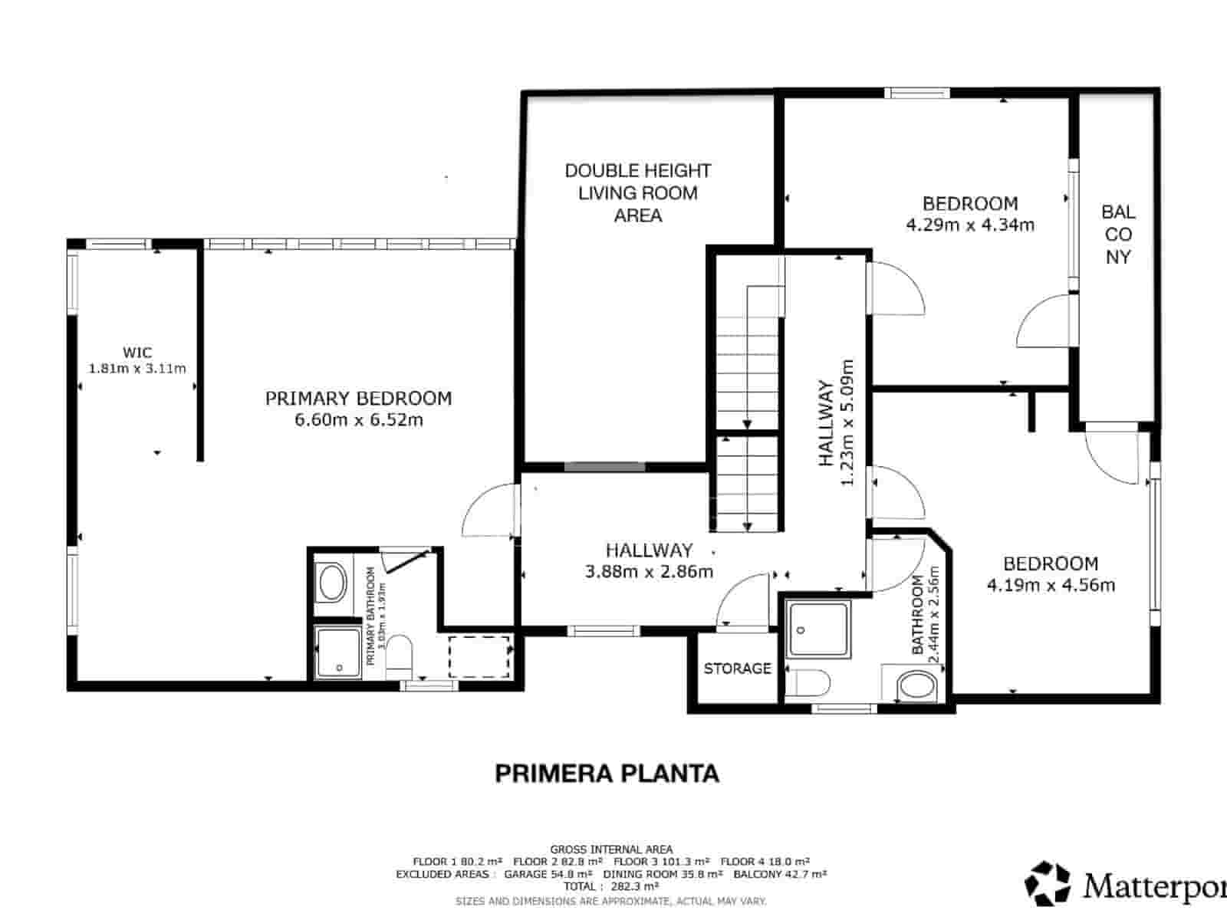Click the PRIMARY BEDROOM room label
(358, 398)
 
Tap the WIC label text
(137, 353)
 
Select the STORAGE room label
(737, 669)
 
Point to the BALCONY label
(1118, 234)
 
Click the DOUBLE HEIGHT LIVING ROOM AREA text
(638, 192)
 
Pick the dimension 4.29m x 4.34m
(970, 225)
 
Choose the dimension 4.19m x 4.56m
(1051, 586)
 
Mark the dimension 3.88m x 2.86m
(649, 571)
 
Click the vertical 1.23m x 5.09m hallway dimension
(847, 422)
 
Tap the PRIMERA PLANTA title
(607, 773)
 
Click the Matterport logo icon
(1048, 882)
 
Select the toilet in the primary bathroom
(400, 656)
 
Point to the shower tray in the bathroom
(819, 629)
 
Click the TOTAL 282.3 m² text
(611, 886)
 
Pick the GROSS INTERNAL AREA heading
(611, 849)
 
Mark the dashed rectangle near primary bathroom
(479, 655)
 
